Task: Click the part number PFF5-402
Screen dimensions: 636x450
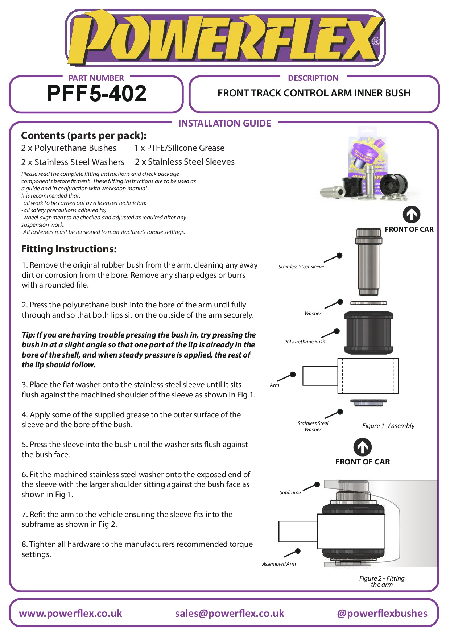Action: [x=96, y=94]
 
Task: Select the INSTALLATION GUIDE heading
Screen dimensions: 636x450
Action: [x=224, y=124]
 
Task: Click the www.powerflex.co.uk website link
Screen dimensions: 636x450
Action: [x=70, y=613]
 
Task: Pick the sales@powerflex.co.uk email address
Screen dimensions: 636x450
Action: [x=229, y=613]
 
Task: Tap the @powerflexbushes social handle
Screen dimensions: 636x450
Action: [x=382, y=613]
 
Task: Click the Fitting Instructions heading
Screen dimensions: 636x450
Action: [x=69, y=249]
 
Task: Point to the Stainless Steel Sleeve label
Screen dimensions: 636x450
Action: [x=301, y=267]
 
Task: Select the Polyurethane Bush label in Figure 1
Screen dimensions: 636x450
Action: [x=305, y=342]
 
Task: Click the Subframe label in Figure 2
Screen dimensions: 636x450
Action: [x=290, y=492]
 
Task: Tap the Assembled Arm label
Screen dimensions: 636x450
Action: [x=279, y=564]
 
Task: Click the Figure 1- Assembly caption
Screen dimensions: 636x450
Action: [x=388, y=426]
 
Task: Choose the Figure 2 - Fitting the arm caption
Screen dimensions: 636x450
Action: [x=382, y=581]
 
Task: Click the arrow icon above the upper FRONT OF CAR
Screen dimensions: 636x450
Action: [x=412, y=215]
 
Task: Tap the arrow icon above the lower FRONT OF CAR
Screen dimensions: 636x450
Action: [x=362, y=447]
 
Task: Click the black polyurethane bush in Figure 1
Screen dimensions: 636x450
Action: [x=368, y=333]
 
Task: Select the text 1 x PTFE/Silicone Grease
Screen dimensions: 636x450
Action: [x=179, y=148]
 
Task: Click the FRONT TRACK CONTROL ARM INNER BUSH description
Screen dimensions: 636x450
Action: [x=314, y=93]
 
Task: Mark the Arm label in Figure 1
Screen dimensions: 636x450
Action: [x=274, y=385]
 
